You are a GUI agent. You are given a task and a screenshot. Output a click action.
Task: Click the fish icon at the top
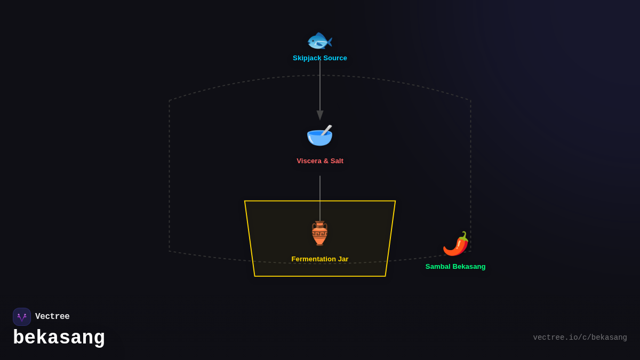point(319,41)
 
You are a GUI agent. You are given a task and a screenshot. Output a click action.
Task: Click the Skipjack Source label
point(320,58)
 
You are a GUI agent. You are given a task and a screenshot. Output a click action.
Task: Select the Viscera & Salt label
point(320,161)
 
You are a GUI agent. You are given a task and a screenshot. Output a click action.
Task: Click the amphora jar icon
point(319,233)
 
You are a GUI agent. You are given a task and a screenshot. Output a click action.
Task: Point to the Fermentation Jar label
point(320,259)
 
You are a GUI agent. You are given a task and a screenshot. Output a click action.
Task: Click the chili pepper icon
point(456,244)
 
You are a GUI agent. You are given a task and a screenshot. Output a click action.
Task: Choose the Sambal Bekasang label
point(455,267)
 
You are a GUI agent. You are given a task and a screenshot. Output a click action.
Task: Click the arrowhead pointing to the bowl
point(320,115)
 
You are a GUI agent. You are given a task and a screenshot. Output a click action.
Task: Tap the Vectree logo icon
point(22,317)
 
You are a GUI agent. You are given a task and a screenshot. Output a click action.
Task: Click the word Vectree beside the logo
point(52,317)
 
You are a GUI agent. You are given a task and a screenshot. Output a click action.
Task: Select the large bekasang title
point(59,338)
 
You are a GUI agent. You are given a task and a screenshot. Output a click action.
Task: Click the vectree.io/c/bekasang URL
point(580,338)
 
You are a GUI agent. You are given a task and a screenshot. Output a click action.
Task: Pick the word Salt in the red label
point(335,161)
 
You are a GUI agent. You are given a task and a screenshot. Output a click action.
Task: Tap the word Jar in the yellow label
point(342,259)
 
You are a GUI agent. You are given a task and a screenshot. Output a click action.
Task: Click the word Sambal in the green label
point(438,267)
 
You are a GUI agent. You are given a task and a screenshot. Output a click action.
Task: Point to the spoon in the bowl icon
point(326,130)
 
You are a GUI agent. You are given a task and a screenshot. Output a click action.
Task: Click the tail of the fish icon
point(329,41)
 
